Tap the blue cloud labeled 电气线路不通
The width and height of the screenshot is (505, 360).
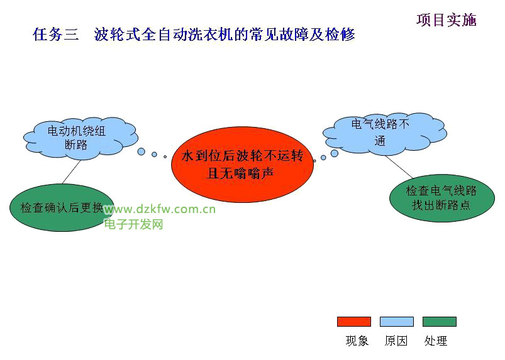point(380,133)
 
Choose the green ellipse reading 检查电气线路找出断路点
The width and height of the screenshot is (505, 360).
point(441,198)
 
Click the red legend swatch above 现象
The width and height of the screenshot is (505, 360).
point(353,322)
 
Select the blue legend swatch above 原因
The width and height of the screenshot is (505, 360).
point(396,322)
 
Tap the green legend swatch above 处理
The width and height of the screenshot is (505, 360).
point(439,322)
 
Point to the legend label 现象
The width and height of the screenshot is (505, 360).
point(357,341)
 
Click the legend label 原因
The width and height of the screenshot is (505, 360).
point(396,341)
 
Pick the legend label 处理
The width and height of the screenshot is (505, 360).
point(436,341)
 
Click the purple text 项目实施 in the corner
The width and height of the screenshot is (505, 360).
point(446,20)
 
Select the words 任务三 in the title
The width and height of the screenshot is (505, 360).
point(55,35)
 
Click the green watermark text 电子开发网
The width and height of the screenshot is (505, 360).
point(133,224)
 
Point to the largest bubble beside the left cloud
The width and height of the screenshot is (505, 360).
point(142,151)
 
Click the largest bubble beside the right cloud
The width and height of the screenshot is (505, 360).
point(334,153)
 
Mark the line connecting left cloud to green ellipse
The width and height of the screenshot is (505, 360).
point(70,171)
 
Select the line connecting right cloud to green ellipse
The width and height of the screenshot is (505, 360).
point(401,167)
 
